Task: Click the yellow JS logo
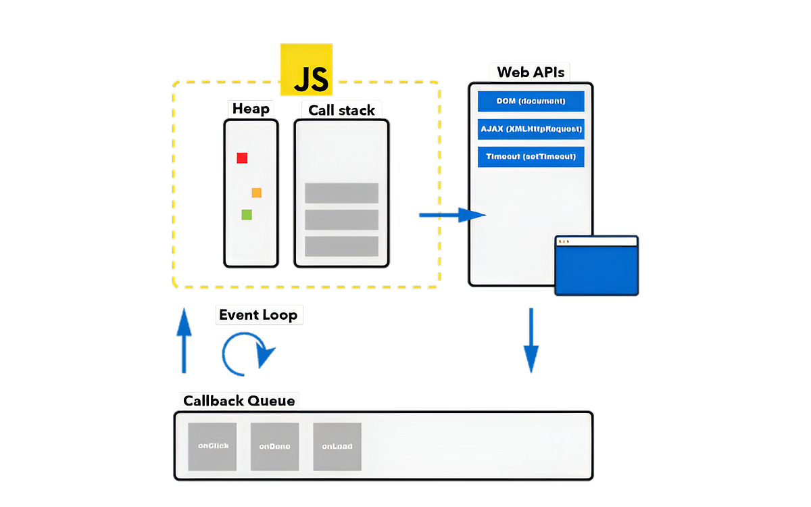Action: point(306,70)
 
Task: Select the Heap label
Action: point(251,109)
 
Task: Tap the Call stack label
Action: point(341,110)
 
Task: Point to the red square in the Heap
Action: point(242,158)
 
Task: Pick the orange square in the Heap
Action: point(256,193)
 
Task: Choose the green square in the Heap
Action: point(247,214)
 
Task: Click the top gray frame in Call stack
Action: point(341,193)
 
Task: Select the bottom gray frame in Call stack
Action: point(341,246)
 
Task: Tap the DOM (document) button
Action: point(531,101)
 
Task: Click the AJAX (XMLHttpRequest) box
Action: point(531,129)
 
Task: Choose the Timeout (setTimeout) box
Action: point(531,157)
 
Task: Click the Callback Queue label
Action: point(239,401)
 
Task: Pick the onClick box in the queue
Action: point(212,447)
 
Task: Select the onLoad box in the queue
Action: point(337,447)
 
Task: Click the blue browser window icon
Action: point(596,266)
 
